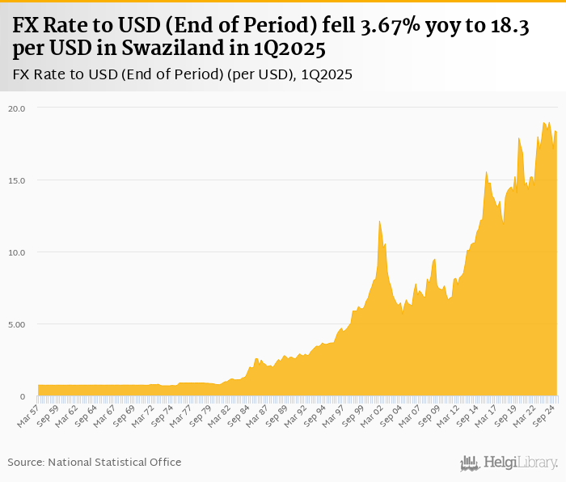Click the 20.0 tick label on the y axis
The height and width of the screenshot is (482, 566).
tap(18, 108)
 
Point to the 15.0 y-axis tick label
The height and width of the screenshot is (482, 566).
tap(18, 180)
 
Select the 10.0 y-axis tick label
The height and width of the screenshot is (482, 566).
tap(18, 252)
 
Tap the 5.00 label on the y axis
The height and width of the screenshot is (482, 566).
tap(18, 324)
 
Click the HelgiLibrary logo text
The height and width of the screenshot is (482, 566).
tap(521, 463)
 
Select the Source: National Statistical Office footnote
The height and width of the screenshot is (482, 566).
tap(95, 462)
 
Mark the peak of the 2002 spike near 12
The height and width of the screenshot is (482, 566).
tap(379, 221)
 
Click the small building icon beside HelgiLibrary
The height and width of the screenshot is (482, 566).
tap(469, 463)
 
